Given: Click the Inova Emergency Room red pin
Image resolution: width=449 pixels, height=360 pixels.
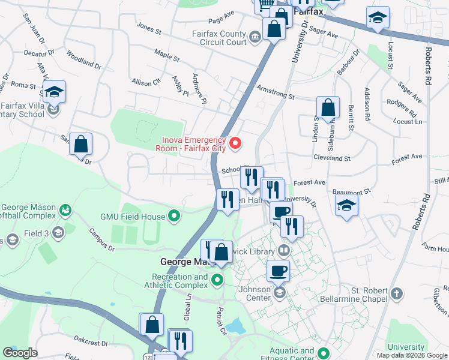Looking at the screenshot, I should [236, 143].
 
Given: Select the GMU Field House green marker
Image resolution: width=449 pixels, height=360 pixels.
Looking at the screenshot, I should [175, 215].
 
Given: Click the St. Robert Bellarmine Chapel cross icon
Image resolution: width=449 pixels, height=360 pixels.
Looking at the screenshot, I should [396, 293].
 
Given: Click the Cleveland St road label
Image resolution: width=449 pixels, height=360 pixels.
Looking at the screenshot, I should [331, 158].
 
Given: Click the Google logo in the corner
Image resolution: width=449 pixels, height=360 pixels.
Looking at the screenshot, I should [20, 353].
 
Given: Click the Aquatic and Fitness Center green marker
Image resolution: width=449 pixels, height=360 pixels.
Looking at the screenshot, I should [324, 353].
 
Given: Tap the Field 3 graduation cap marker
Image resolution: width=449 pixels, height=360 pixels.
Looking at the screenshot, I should [58, 233].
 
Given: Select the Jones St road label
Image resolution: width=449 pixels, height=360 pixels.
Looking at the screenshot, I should [149, 28].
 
